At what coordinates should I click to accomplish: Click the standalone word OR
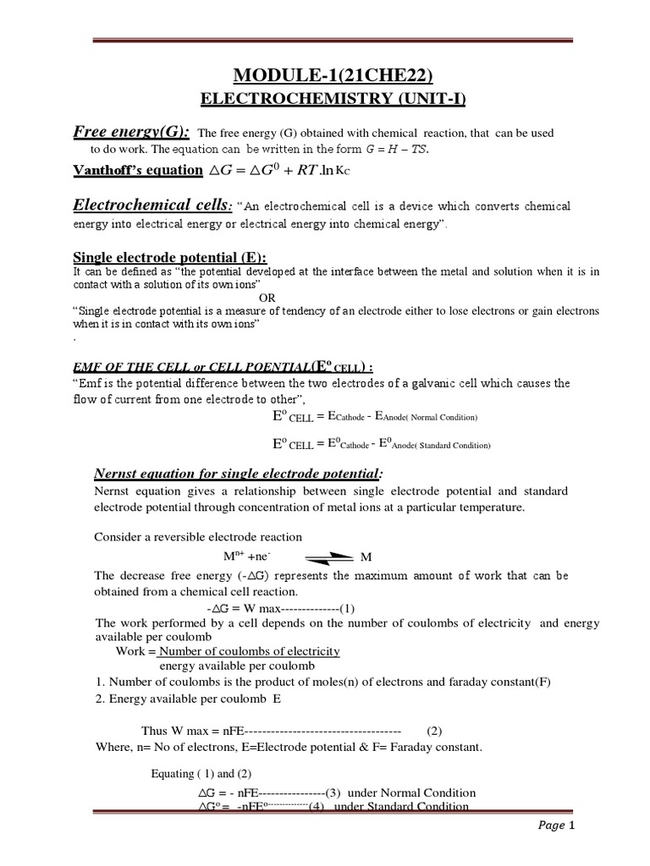tap(267, 298)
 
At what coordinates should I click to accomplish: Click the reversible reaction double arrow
tap(324, 556)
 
